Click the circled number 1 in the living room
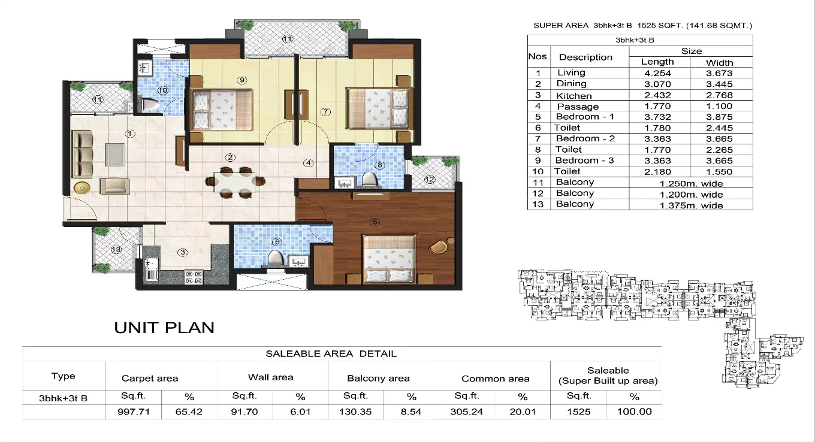pyautogui.click(x=130, y=134)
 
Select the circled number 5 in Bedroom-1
pyautogui.click(x=375, y=222)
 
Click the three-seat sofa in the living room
pyautogui.click(x=83, y=155)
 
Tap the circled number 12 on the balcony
pyautogui.click(x=430, y=178)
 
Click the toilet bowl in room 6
pyautogui.click(x=274, y=258)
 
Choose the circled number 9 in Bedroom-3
pyautogui.click(x=242, y=80)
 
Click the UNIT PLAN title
pyautogui.click(x=164, y=328)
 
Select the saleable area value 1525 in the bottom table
pyautogui.click(x=579, y=412)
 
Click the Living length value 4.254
pyautogui.click(x=657, y=73)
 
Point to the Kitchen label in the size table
pyautogui.click(x=573, y=96)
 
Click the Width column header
pyautogui.click(x=719, y=62)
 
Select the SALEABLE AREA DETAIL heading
pyautogui.click(x=331, y=354)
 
